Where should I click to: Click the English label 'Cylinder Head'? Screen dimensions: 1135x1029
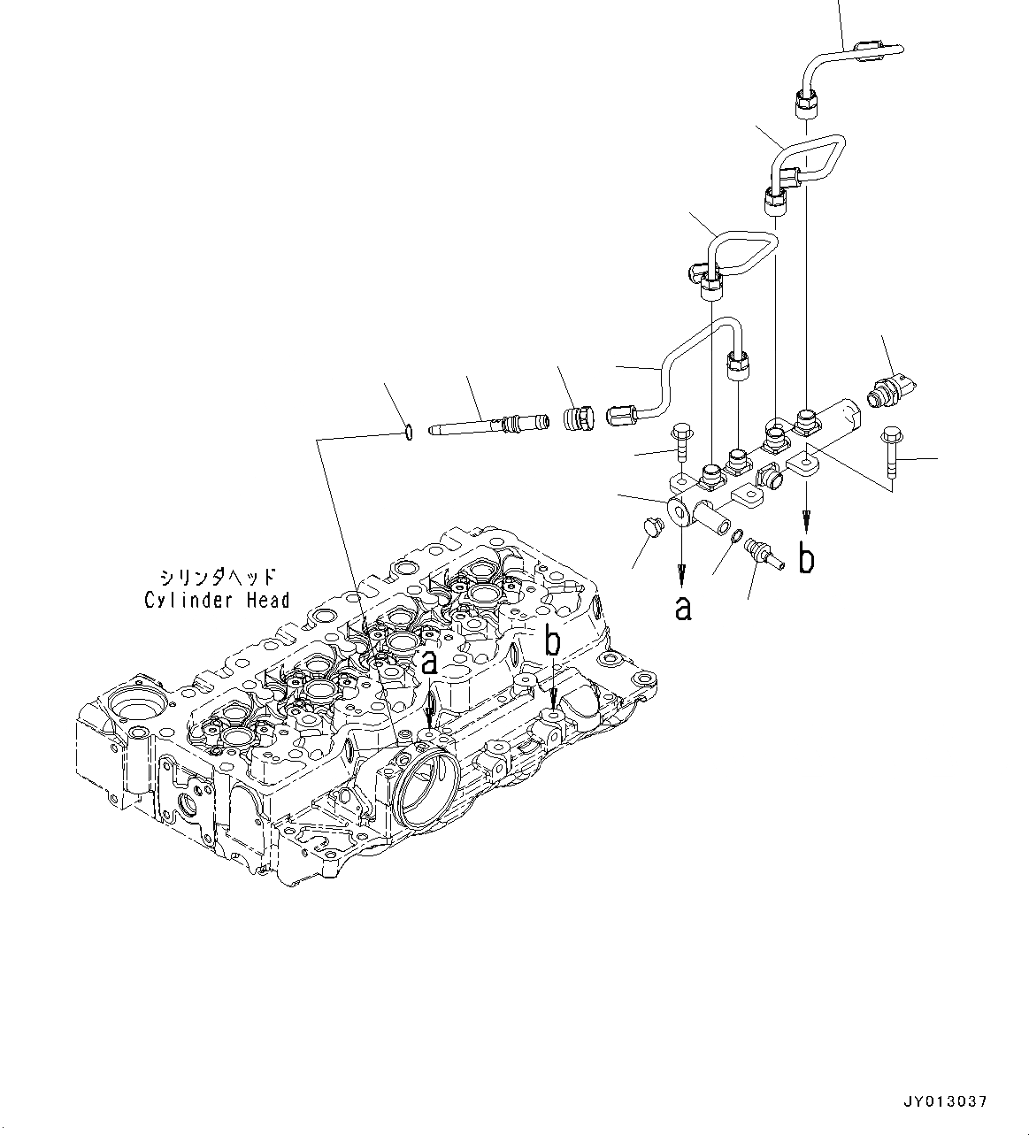coord(217,601)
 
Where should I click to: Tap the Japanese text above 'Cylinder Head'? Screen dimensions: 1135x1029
coord(217,574)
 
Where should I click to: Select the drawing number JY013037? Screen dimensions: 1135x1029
coord(944,1101)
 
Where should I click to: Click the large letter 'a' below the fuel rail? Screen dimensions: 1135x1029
coord(682,608)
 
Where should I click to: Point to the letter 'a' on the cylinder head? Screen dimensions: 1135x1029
coord(429,661)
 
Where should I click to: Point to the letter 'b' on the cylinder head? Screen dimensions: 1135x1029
coord(552,643)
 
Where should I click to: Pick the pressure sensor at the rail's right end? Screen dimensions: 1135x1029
coord(892,391)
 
